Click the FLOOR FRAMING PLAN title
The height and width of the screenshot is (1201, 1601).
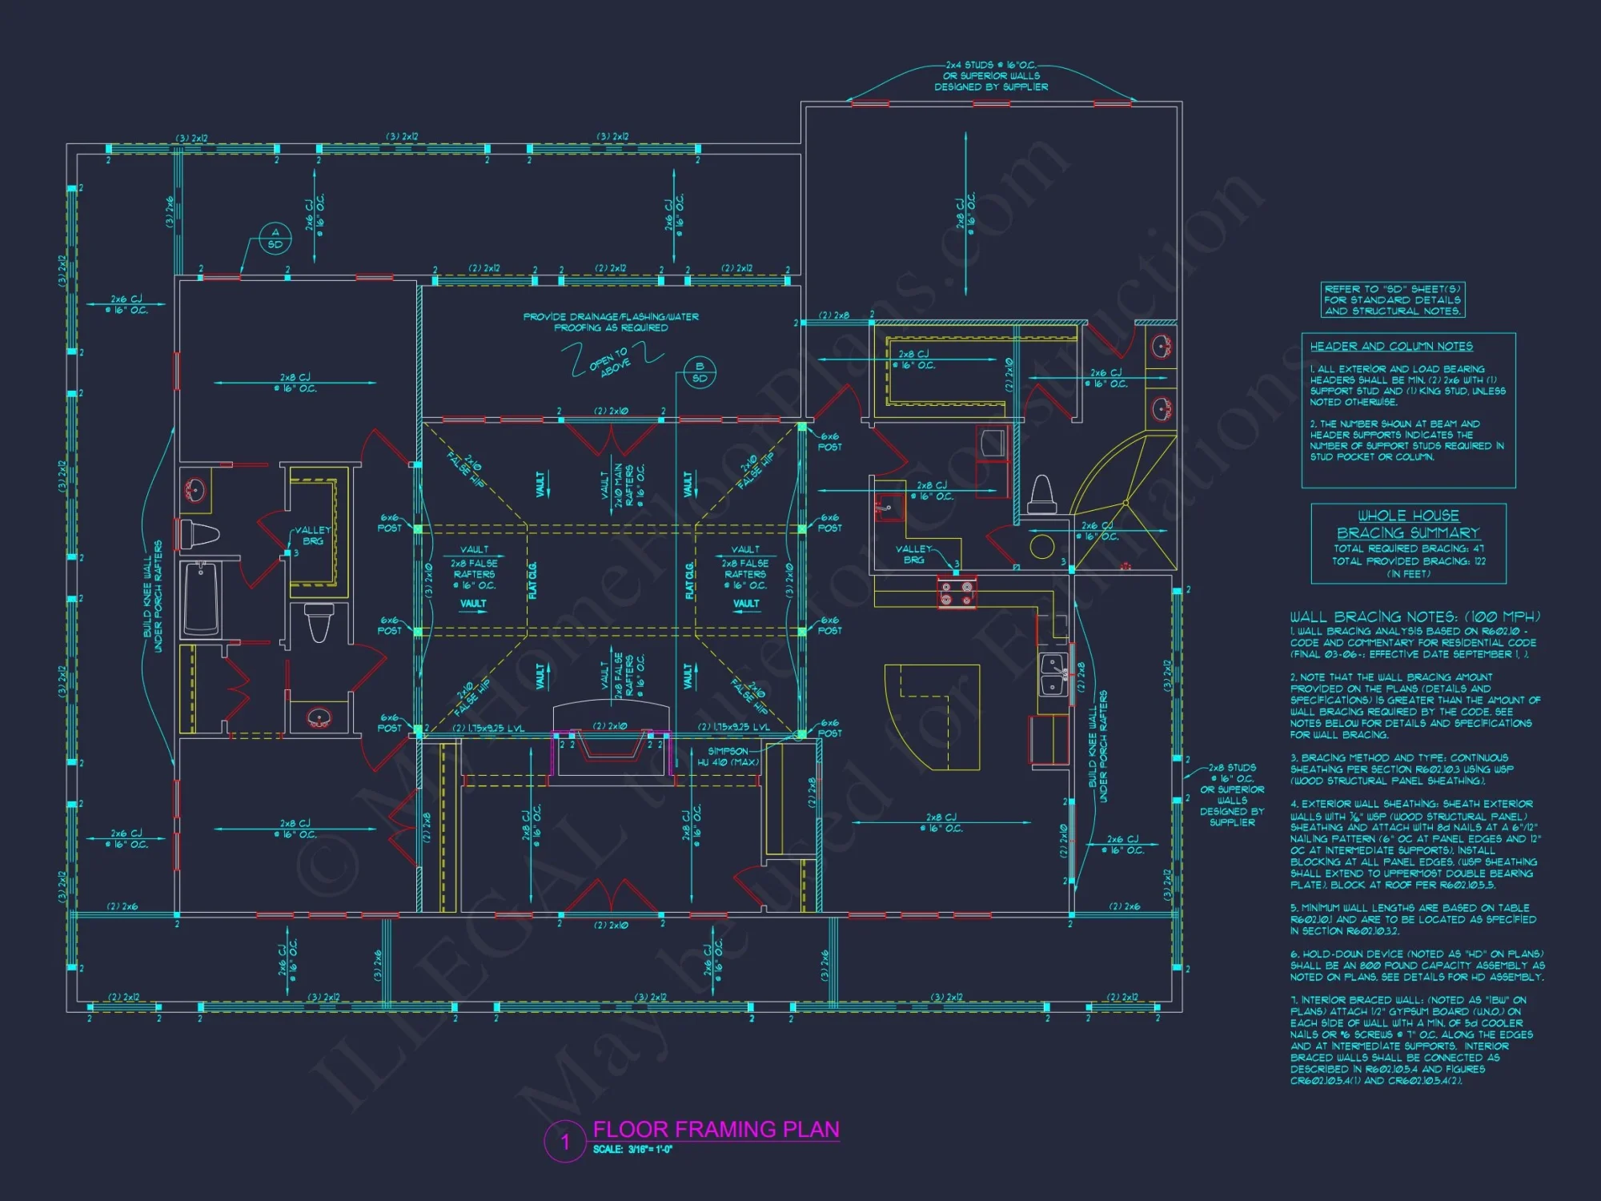716,1129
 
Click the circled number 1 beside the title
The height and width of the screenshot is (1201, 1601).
565,1141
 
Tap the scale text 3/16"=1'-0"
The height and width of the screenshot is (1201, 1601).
632,1150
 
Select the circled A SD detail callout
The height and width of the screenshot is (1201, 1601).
275,239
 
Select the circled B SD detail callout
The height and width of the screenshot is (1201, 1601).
699,372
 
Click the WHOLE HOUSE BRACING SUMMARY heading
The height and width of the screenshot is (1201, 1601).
1408,524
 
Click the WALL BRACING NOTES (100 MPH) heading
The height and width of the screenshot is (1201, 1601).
1414,617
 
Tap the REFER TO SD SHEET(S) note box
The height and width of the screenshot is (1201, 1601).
1392,299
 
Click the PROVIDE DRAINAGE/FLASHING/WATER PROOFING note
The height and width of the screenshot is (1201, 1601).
611,322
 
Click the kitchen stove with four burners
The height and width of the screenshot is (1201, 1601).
957,592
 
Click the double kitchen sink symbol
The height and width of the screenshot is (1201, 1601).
1053,674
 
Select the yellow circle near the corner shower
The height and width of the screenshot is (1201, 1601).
1041,547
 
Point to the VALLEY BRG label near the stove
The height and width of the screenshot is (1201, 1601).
913,554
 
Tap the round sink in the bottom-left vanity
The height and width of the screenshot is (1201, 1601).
319,717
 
